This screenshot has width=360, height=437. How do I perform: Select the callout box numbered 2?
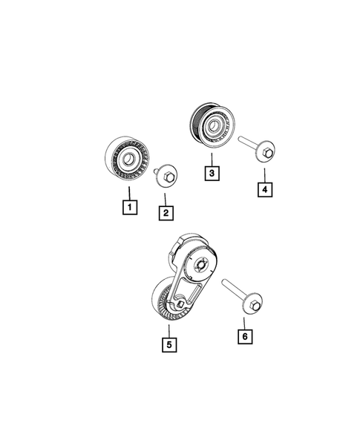pyautogui.click(x=166, y=213)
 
